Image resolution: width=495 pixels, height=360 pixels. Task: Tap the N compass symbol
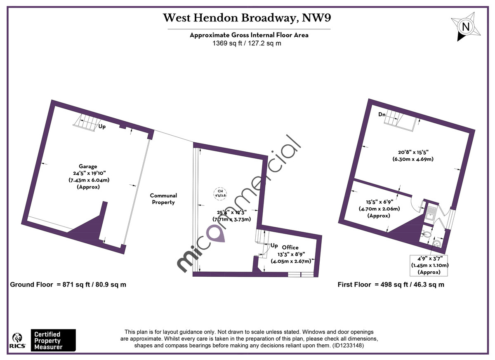pyautogui.click(x=465, y=27)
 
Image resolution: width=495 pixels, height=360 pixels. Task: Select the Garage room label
pyautogui.click(x=88, y=166)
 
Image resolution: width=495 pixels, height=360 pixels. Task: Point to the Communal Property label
pyautogui.click(x=163, y=199)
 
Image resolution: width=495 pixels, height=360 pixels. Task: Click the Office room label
pyautogui.click(x=290, y=247)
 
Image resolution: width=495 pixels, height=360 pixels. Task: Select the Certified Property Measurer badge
pyautogui.click(x=53, y=340)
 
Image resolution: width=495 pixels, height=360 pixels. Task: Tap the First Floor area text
pyautogui.click(x=391, y=285)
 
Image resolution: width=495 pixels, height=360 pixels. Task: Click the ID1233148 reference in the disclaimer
pyautogui.click(x=348, y=345)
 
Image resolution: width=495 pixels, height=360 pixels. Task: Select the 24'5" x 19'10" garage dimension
pyautogui.click(x=88, y=173)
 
